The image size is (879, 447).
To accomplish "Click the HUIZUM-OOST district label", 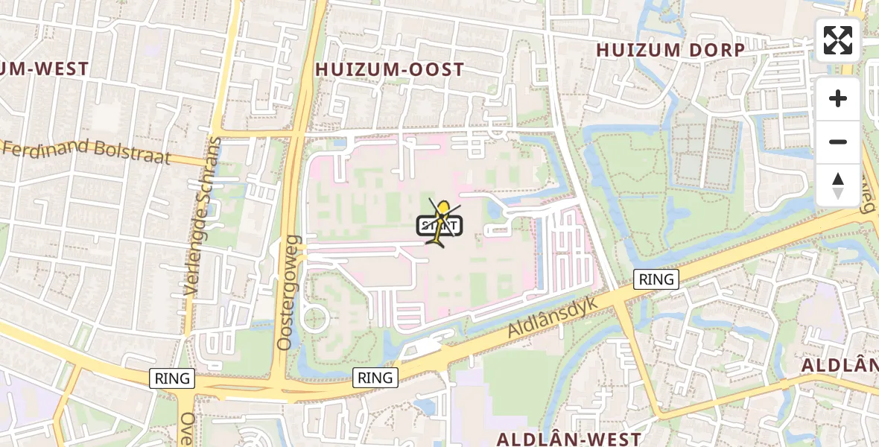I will [x=390, y=70].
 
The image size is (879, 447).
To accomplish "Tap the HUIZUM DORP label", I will [x=670, y=51].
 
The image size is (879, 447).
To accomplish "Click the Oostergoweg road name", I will [x=288, y=293].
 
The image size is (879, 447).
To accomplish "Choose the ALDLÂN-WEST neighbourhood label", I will [x=568, y=439].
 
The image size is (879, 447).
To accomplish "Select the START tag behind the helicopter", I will [x=441, y=225].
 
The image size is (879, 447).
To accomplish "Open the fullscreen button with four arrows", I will [x=838, y=40].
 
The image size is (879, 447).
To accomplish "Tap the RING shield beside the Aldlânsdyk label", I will [x=656, y=279].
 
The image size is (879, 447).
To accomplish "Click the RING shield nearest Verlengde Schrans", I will [x=172, y=378].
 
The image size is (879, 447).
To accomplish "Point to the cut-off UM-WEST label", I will [x=44, y=69].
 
